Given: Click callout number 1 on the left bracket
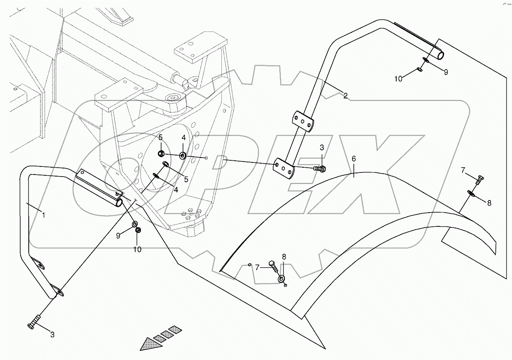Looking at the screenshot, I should coord(43,215).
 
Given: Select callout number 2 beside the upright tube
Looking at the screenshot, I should coord(345,96).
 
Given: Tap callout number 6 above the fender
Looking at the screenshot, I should coord(353,159).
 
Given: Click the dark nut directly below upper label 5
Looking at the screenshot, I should coord(160,154).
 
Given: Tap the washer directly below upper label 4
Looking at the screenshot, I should coord(183,155).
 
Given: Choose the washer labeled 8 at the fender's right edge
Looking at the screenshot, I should coord(472,193).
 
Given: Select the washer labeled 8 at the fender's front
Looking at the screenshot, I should coord(281,279).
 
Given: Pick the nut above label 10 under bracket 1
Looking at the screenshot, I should coord(138,230).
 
